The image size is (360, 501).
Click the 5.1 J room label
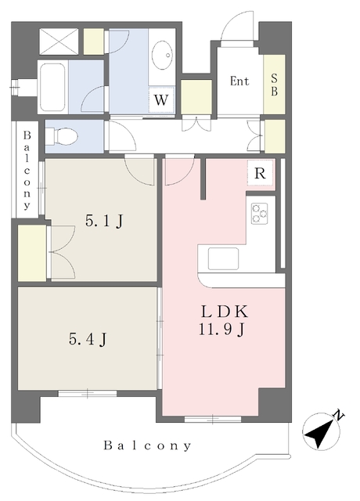[x=104, y=221]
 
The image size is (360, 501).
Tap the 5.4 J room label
[x=88, y=339]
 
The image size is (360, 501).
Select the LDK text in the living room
[x=225, y=312]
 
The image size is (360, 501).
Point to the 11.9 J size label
[x=222, y=329]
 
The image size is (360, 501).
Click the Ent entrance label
[x=239, y=81]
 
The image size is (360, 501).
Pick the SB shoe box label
[x=274, y=85]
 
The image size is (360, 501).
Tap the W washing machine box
[x=161, y=99]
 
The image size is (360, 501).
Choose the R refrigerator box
[x=261, y=173]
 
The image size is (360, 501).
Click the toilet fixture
[x=62, y=137]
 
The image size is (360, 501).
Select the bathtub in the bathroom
[x=52, y=87]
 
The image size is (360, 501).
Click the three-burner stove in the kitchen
[x=259, y=214]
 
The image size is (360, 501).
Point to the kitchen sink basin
[x=223, y=258]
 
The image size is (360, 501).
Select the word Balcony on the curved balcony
[x=148, y=445]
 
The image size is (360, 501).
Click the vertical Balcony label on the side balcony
[x=27, y=171]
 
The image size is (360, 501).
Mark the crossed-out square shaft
[x=59, y=41]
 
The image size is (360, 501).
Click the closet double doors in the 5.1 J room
[x=62, y=252]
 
